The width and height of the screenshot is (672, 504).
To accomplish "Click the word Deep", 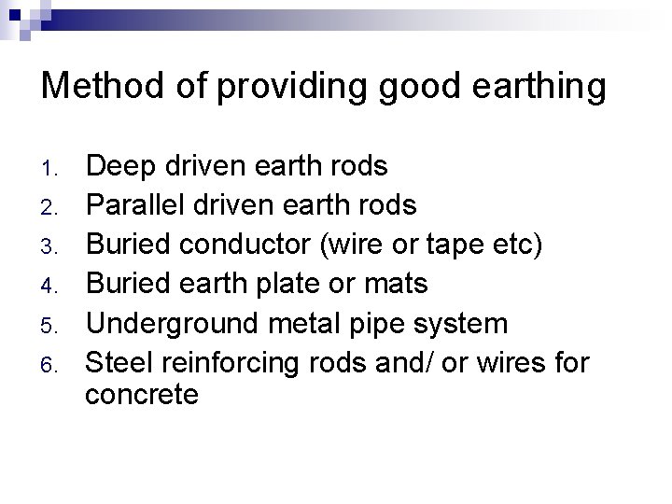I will tap(119, 167).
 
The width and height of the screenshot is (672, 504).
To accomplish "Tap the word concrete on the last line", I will tap(141, 395).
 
